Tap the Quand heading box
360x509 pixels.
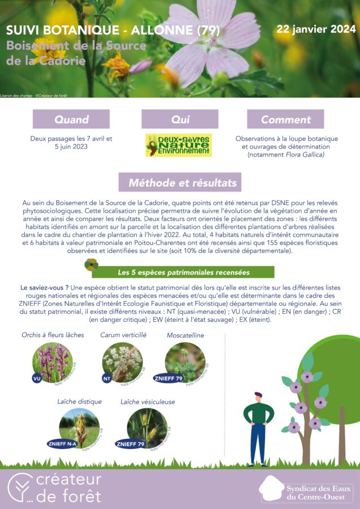(x=71, y=119)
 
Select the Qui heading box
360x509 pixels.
(x=179, y=119)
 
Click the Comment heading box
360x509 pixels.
(x=286, y=119)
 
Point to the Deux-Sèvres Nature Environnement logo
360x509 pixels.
(x=178, y=145)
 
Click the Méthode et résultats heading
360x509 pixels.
(x=179, y=183)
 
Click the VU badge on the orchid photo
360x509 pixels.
(x=37, y=378)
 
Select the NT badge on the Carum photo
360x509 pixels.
(x=106, y=378)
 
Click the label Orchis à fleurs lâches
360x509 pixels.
(x=53, y=335)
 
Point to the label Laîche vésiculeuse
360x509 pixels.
(x=147, y=402)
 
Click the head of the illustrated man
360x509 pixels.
(x=258, y=397)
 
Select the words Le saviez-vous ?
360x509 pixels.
(x=44, y=287)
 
